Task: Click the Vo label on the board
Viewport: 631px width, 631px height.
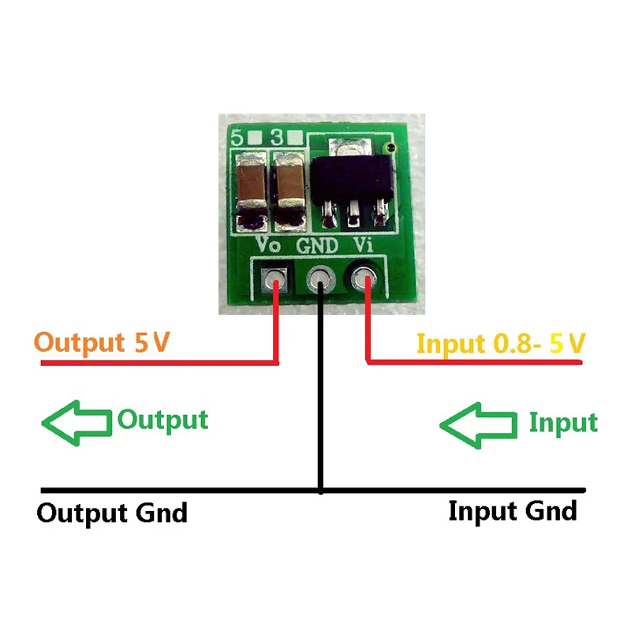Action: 269,245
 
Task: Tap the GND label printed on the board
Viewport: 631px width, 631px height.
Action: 318,245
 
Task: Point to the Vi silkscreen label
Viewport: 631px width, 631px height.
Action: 363,245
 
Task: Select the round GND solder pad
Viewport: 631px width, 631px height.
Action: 320,278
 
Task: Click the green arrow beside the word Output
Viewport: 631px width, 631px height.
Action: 76,422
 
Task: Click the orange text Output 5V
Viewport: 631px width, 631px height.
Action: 103,344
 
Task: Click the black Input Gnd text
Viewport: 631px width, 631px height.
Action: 513,511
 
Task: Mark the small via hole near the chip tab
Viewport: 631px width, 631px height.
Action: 386,148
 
